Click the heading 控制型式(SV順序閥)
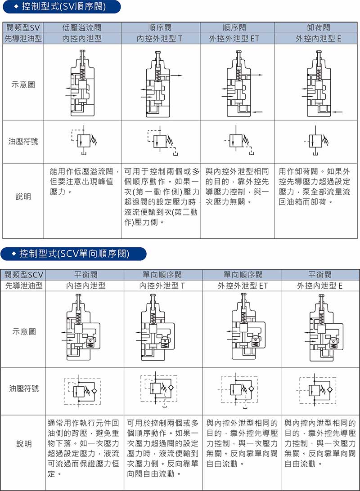click(63, 7)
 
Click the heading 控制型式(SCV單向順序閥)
click(74, 254)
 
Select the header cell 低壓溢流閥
click(82, 27)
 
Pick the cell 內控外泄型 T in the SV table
click(159, 39)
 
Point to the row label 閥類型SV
click(23, 27)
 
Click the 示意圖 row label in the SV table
click(23, 84)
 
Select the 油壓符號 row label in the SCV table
click(24, 388)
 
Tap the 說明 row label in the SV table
click(23, 196)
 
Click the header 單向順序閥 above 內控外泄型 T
click(162, 275)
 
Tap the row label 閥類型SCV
click(23, 275)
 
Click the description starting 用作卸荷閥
click(314, 187)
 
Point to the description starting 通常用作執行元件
click(83, 448)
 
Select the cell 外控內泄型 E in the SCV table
click(319, 286)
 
